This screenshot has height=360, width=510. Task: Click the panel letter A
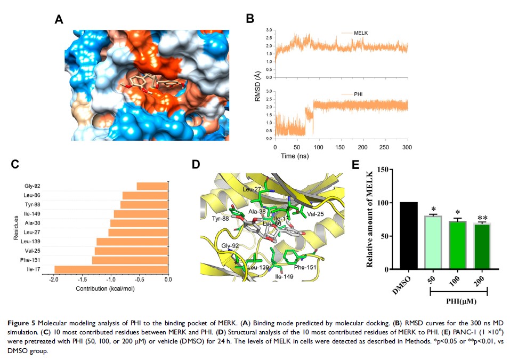click(59, 20)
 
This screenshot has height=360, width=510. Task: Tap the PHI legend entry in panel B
click(362, 94)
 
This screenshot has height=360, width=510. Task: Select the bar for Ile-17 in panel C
click(111, 269)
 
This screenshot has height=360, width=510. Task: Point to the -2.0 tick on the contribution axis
click(53, 279)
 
